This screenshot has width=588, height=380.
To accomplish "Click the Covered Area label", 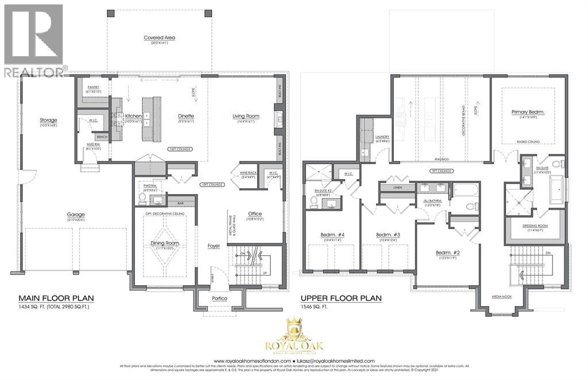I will pyautogui.click(x=159, y=38).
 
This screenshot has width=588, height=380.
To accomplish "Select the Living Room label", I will pyautogui.click(x=246, y=116).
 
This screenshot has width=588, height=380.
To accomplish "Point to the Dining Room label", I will pyautogui.click(x=165, y=243).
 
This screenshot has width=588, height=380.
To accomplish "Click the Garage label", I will pyautogui.click(x=75, y=215).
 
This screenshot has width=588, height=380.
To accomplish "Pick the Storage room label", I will pyautogui.click(x=48, y=120).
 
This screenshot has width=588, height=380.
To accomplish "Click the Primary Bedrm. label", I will pyautogui.click(x=528, y=113).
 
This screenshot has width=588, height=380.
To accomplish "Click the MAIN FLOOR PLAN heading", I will pyautogui.click(x=56, y=298).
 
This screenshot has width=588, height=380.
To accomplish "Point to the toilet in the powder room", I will pyautogui.click(x=141, y=199).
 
